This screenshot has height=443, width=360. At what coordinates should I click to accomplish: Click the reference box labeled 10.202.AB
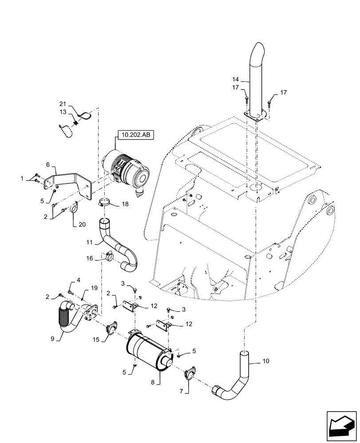click(135, 136)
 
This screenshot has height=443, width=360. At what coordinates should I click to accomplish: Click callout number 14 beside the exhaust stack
click(235, 80)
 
